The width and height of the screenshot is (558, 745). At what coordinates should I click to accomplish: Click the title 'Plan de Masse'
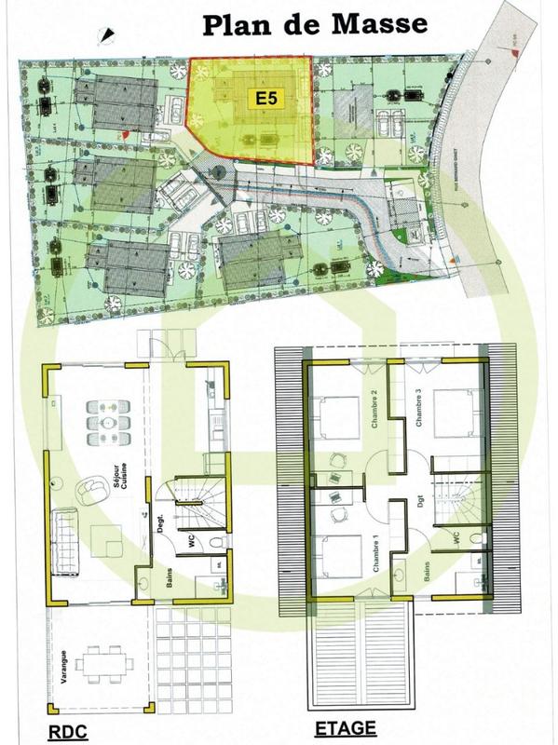click(315, 23)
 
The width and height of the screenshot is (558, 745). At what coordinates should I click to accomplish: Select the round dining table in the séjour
click(108, 423)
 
